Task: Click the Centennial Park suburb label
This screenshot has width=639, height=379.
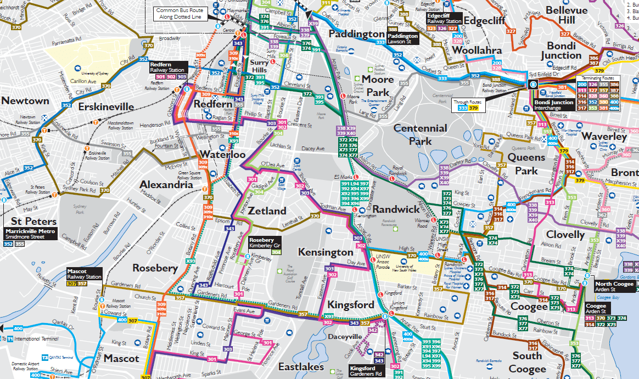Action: (420, 134)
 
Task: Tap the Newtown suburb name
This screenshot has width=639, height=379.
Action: (25, 101)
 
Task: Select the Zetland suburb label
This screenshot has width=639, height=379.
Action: (267, 211)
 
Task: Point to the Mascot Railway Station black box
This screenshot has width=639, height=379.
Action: (85, 274)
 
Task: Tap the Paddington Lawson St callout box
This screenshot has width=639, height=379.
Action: (402, 38)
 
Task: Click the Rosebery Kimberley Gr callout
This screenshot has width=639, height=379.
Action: (265, 242)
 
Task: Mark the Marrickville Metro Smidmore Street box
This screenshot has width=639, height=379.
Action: (30, 234)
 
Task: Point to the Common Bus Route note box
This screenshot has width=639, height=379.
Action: (178, 14)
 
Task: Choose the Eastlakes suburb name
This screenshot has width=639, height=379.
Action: (301, 366)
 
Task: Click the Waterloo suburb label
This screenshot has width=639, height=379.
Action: (222, 154)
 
